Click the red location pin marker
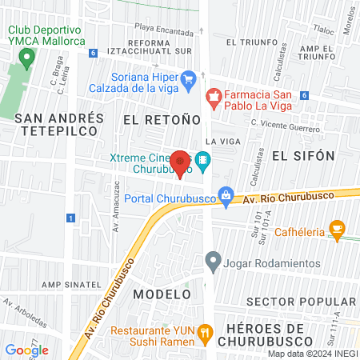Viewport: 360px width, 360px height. [x=180, y=162]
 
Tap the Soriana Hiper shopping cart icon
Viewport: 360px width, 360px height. [x=189, y=78]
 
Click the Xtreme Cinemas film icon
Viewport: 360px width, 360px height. [x=204, y=161]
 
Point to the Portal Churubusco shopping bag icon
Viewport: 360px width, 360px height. [x=226, y=194]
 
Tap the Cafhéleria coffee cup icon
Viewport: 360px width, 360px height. [x=337, y=230]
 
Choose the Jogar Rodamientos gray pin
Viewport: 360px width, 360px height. [x=213, y=260]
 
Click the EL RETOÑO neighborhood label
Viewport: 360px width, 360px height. [x=161, y=120]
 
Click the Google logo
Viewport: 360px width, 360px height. [x=27, y=350]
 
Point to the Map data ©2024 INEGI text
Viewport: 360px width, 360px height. [x=311, y=354]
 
